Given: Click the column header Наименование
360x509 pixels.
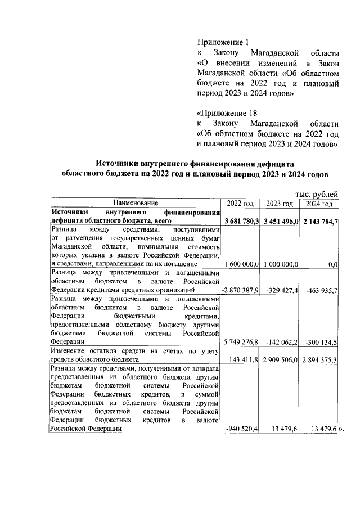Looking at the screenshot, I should (135, 202).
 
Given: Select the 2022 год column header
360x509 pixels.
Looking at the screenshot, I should (240, 203).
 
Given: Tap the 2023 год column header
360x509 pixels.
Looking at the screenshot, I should (279, 203).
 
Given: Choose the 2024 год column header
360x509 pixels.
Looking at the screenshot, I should (319, 203).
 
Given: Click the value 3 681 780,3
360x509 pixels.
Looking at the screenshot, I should (241, 221).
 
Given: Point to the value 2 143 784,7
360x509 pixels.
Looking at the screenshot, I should (319, 221).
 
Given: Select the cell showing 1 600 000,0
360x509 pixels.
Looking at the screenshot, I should (241, 264).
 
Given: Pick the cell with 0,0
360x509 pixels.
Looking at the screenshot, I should (332, 264).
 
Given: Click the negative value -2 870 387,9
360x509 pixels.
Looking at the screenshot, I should (240, 290).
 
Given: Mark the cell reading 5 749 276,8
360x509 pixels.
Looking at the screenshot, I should (241, 341).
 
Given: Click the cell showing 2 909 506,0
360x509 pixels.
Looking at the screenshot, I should (280, 358).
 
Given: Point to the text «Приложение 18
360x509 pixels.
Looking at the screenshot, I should (225, 112).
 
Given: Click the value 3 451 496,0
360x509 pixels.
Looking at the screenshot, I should (280, 221).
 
